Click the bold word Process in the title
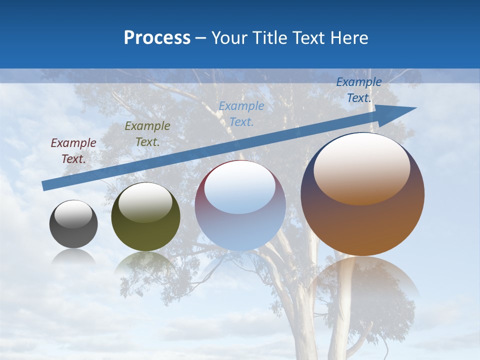(x=157, y=38)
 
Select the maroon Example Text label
(x=73, y=151)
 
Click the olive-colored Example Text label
(x=147, y=134)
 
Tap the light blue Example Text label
(x=241, y=113)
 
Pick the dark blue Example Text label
(x=359, y=90)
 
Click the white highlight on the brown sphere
(x=361, y=167)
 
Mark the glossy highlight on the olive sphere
(x=145, y=201)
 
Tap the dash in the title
(x=201, y=38)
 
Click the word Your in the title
(x=230, y=38)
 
